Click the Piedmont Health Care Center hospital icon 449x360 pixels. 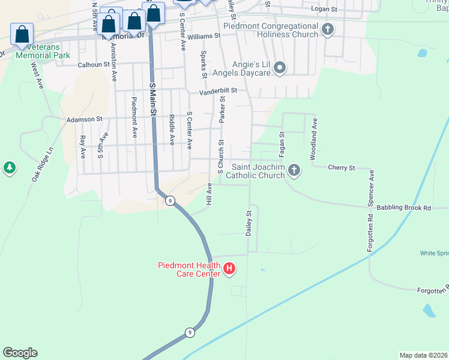point(229,269)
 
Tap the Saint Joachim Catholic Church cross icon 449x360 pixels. point(294,170)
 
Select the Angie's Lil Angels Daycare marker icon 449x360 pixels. point(279,69)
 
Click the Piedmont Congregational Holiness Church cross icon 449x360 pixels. point(328,29)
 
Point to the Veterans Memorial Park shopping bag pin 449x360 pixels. point(22,35)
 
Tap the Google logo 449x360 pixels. point(20,353)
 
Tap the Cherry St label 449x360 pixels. point(342,168)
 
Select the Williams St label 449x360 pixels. point(203,37)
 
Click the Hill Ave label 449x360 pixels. point(209,196)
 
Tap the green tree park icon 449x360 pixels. point(9,168)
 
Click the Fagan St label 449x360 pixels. point(282,145)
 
